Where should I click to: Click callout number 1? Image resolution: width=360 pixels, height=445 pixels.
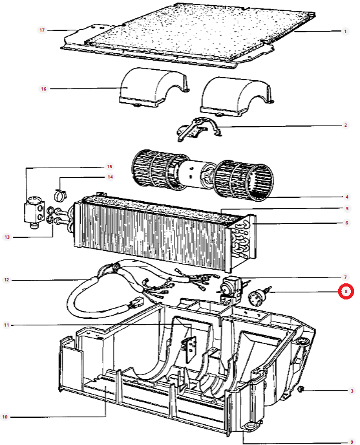tap(345, 31)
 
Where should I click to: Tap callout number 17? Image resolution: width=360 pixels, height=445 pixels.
tap(42, 30)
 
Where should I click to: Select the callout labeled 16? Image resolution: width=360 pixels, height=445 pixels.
tap(43, 89)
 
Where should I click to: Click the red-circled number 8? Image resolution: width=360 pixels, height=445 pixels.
tap(346, 292)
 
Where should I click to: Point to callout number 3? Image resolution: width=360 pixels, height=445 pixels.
tap(352, 391)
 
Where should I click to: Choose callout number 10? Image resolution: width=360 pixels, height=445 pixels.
tap(5, 417)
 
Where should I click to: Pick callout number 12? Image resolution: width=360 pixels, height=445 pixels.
tap(6, 280)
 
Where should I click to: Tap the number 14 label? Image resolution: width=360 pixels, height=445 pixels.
tap(110, 177)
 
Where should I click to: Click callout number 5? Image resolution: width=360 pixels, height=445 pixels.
tap(347, 208)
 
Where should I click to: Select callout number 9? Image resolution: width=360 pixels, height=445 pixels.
tap(352, 442)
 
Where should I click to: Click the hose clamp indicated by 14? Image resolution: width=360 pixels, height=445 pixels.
tap(60, 195)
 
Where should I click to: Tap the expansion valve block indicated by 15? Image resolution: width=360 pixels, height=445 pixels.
tap(34, 212)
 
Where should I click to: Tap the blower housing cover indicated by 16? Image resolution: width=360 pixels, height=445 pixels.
tap(152, 88)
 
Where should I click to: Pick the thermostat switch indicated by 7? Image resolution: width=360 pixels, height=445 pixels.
tap(230, 290)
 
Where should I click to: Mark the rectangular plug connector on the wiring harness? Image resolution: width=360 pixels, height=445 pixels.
tap(136, 303)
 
